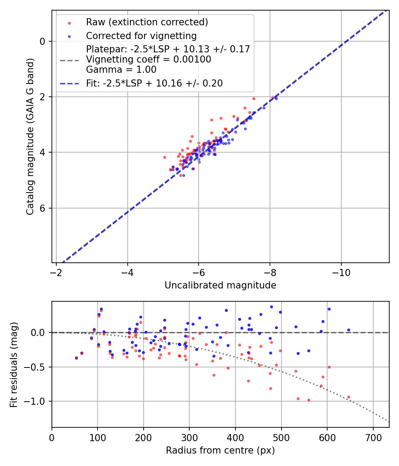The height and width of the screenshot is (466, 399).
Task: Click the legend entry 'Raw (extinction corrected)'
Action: tap(147, 22)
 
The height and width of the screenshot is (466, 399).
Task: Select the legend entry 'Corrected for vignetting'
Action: tap(141, 36)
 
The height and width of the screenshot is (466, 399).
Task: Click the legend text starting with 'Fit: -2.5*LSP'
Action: tap(154, 83)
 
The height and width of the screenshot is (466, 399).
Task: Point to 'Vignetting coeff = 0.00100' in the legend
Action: tap(149, 59)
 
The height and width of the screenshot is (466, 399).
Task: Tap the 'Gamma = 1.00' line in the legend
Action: tap(121, 69)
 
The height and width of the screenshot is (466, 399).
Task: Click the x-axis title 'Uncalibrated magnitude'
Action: tap(220, 285)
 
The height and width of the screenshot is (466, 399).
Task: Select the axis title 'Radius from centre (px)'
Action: tap(220, 450)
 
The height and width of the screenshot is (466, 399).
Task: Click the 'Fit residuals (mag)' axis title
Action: tap(14, 364)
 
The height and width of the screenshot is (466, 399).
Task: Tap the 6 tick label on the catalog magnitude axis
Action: tap(43, 208)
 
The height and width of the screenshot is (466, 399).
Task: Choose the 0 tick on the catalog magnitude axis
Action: tap(43, 41)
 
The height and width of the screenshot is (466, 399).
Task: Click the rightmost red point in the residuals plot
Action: tap(348, 397)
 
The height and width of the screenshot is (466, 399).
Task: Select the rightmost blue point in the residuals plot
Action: tap(348, 330)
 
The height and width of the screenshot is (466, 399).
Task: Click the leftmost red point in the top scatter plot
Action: tap(164, 157)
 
